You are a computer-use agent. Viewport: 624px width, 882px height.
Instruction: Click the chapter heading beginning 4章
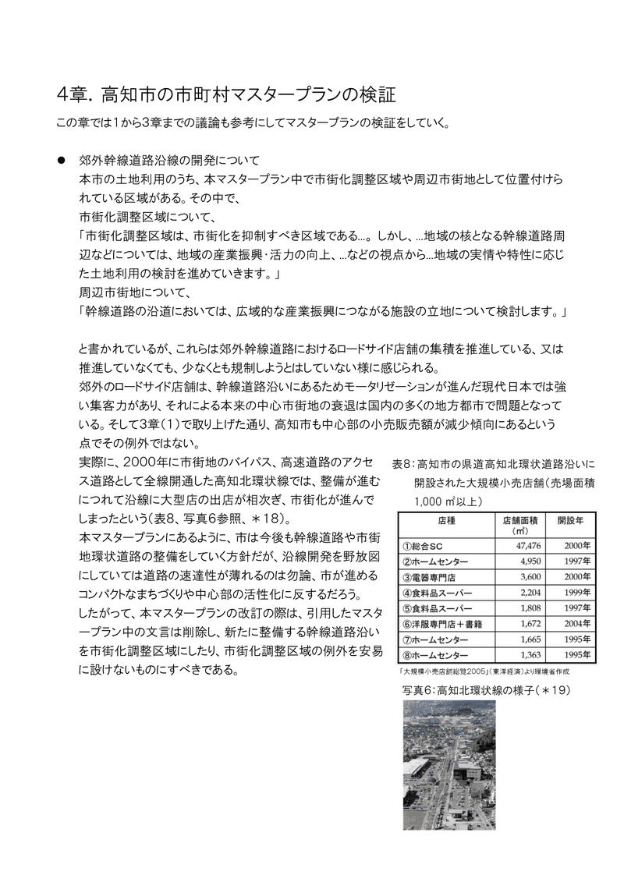(x=227, y=96)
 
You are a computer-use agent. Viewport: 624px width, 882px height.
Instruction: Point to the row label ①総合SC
(x=424, y=546)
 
